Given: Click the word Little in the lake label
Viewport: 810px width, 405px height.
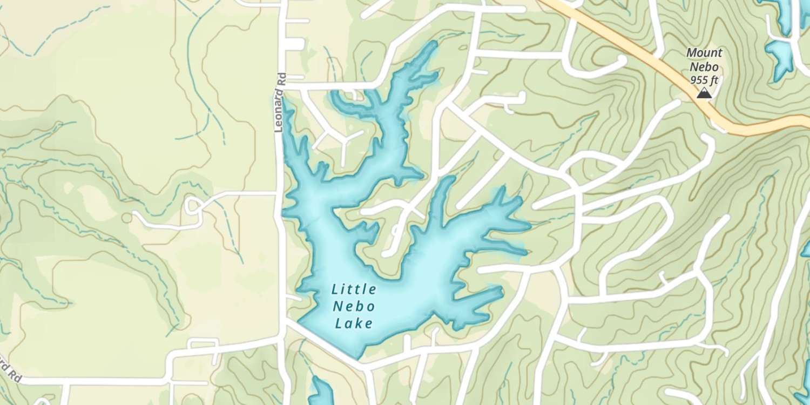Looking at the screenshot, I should pos(354,289).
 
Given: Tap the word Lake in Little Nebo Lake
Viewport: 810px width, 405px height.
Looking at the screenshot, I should pos(354,324).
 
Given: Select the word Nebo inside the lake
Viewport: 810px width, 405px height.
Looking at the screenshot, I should pos(354,307).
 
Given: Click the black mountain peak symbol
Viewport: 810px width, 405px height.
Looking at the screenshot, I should pos(703,94).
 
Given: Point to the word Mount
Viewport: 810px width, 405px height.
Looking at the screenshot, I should pos(704,53).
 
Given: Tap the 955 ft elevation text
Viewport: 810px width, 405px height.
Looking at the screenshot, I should pos(704,80).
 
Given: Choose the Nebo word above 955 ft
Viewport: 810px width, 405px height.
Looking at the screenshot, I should pos(704,66).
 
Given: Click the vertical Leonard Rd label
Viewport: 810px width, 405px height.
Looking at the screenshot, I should pos(279,103).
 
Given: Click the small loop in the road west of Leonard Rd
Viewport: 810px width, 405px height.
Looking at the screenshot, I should pos(193,206).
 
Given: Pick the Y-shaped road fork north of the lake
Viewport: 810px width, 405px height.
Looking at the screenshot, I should pos(343,141).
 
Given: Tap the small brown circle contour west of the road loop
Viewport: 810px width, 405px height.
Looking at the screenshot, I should pos(127,218).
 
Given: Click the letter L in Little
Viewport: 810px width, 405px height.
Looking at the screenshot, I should pos(335,289).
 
